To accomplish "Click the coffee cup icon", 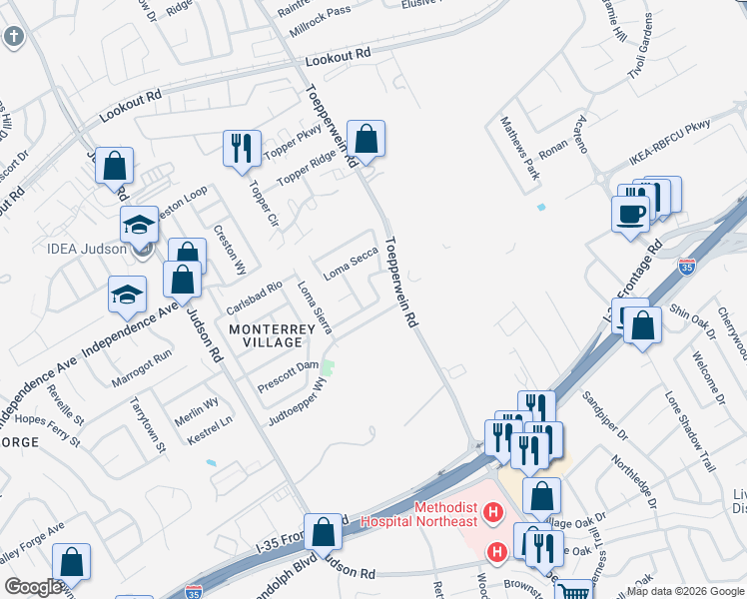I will [x=630, y=214].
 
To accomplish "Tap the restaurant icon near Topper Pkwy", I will [x=242, y=149].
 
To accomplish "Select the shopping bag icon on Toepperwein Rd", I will [x=367, y=140].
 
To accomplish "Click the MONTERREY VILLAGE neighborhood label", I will [x=266, y=334].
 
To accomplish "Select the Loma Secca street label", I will [x=351, y=263].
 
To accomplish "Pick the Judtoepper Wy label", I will [x=296, y=399].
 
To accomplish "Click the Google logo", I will [x=32, y=587].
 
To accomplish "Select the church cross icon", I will [x=13, y=38].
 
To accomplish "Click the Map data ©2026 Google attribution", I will [x=685, y=591].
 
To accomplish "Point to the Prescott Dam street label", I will [x=288, y=375].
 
